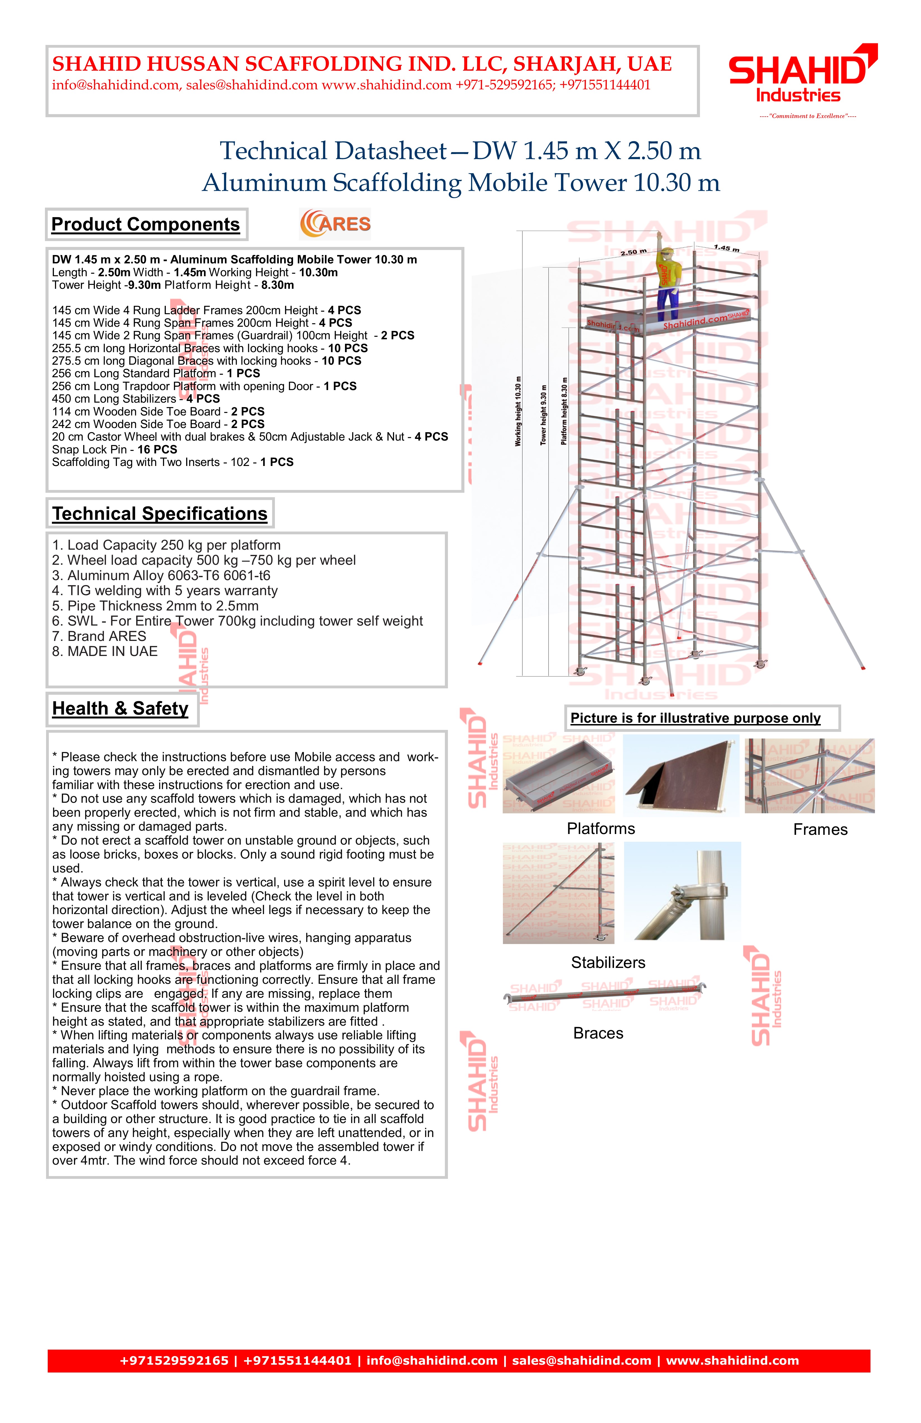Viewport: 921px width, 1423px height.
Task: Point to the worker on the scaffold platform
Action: click(667, 281)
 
